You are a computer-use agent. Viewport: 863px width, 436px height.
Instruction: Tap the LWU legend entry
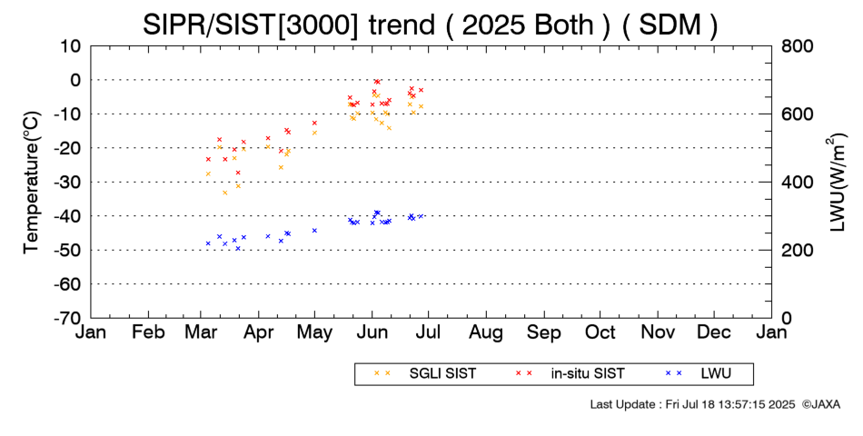(714, 373)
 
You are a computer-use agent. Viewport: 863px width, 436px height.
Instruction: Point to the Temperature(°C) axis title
(31, 182)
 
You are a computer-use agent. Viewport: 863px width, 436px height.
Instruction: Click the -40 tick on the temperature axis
(69, 216)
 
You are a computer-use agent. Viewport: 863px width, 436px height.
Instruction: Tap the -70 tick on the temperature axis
(69, 318)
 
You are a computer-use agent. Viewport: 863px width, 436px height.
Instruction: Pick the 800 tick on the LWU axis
(796, 46)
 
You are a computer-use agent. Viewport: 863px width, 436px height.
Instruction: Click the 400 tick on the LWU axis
(796, 182)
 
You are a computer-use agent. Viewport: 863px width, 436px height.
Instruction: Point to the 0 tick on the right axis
(787, 318)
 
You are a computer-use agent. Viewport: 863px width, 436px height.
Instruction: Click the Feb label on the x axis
(148, 332)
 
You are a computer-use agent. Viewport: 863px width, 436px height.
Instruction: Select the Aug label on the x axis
(486, 332)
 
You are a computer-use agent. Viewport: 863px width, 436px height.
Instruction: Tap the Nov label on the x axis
(658, 332)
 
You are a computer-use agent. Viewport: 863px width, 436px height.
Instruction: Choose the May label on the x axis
(314, 332)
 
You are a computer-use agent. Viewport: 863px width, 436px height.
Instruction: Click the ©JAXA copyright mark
(820, 404)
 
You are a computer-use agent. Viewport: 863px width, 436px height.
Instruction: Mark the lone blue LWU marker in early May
(314, 231)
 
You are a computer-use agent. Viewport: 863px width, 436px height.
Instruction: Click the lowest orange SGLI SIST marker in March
(225, 193)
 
